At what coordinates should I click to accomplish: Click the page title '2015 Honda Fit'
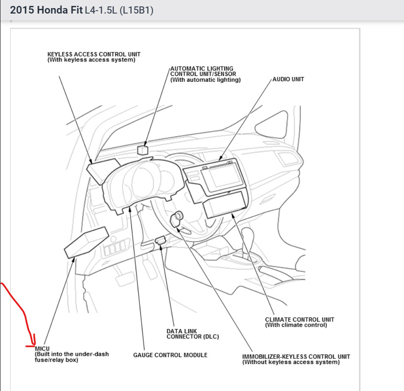pyautogui.click(x=46, y=10)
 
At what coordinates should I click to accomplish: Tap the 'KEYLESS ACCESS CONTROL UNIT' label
pyautogui.click(x=94, y=54)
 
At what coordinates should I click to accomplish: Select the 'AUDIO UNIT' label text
pyautogui.click(x=288, y=79)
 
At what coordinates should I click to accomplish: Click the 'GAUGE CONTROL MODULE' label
pyautogui.click(x=170, y=355)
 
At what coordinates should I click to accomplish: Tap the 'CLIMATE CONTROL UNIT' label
pyautogui.click(x=299, y=319)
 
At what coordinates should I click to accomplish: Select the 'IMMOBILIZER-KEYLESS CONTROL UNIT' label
pyautogui.click(x=296, y=356)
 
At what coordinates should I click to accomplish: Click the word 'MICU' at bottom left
pyautogui.click(x=42, y=348)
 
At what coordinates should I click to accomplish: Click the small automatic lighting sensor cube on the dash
pyautogui.click(x=142, y=150)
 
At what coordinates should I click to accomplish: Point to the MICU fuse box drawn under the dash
pyautogui.click(x=86, y=242)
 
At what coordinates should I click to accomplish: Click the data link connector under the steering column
pyautogui.click(x=160, y=241)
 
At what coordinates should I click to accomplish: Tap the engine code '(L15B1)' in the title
pyautogui.click(x=136, y=10)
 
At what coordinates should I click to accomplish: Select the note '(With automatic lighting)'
pyautogui.click(x=205, y=80)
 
